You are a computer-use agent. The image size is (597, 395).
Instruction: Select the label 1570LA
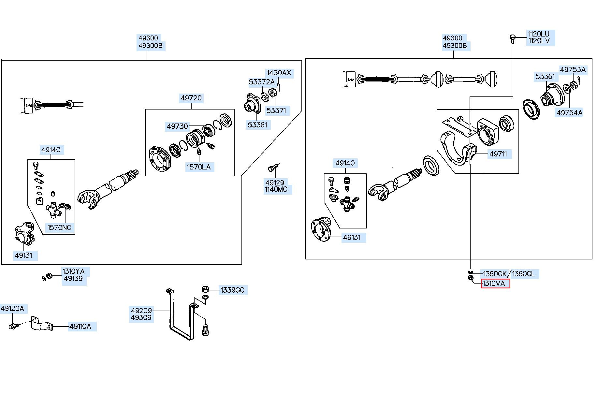[199, 167]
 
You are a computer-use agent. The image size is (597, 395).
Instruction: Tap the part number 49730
[178, 126]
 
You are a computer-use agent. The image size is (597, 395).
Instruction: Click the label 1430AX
[279, 73]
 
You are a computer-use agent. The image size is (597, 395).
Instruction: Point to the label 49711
[498, 154]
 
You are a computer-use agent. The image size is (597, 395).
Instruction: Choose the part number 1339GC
[232, 290]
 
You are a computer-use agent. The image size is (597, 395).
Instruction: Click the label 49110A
[80, 326]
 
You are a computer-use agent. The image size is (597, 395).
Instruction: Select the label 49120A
[12, 308]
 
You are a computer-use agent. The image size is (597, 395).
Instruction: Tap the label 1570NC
[59, 227]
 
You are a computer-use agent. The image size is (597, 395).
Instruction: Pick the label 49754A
[569, 112]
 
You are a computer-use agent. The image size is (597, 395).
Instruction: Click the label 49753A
[573, 69]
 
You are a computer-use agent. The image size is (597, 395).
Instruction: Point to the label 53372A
[262, 82]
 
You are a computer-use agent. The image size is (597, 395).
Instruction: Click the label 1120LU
[539, 34]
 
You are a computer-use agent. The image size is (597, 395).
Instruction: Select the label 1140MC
[276, 189]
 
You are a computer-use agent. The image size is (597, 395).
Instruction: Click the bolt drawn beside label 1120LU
[512, 39]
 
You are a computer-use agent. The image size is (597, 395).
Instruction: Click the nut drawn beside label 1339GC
[205, 289]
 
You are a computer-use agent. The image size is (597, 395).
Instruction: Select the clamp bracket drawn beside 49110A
[41, 323]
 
